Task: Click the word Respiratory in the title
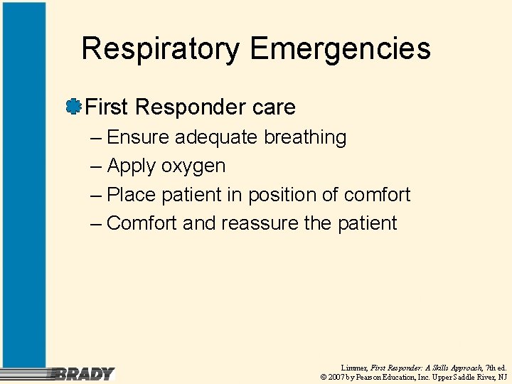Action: pyautogui.click(x=161, y=50)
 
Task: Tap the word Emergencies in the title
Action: pyautogui.click(x=340, y=50)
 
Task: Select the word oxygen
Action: pyautogui.click(x=193, y=166)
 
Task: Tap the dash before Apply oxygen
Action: pyautogui.click(x=97, y=166)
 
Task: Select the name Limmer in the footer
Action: pyautogui.click(x=353, y=367)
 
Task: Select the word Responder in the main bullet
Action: pyautogui.click(x=180, y=107)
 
